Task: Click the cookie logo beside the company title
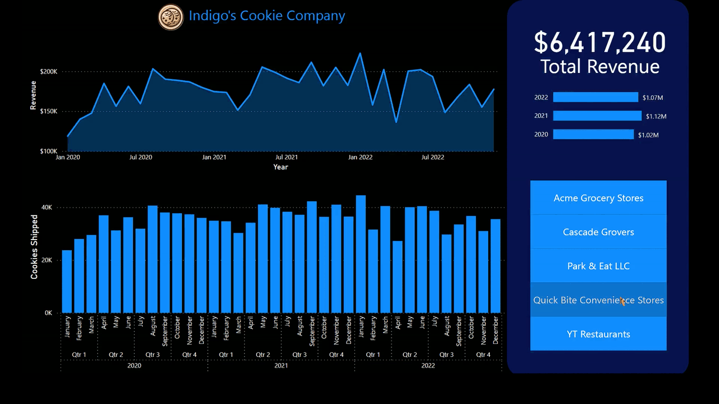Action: [171, 17]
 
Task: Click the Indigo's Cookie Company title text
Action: [266, 16]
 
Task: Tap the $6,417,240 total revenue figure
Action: [599, 43]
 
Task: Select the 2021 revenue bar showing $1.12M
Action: [597, 116]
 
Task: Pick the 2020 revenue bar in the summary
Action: [593, 134]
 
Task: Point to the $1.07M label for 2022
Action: [653, 98]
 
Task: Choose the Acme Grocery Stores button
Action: [598, 198]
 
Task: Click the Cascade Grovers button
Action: [598, 232]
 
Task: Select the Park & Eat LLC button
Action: [598, 266]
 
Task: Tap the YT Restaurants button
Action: [598, 334]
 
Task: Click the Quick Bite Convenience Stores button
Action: [598, 300]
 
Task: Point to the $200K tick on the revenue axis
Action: [48, 72]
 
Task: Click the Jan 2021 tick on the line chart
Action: [214, 158]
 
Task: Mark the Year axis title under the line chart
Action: [280, 167]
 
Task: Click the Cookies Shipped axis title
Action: [34, 247]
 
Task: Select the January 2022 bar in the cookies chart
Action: [361, 254]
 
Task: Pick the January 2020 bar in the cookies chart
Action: [67, 281]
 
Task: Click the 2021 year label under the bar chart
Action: [281, 365]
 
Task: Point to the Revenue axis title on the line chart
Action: [33, 95]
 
